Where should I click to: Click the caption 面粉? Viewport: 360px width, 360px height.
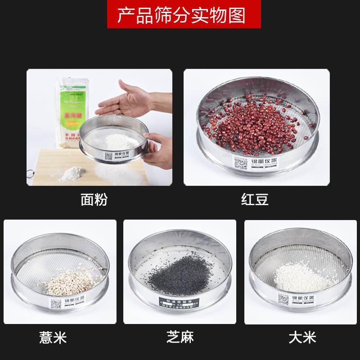click(x=94, y=199)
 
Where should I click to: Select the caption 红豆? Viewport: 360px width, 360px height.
click(x=255, y=199)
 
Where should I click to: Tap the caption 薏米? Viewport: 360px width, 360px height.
click(x=53, y=337)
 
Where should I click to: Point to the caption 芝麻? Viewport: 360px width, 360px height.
click(x=180, y=337)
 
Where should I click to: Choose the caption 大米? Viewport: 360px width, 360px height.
click(x=302, y=337)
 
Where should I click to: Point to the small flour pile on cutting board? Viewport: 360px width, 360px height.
click(x=72, y=173)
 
